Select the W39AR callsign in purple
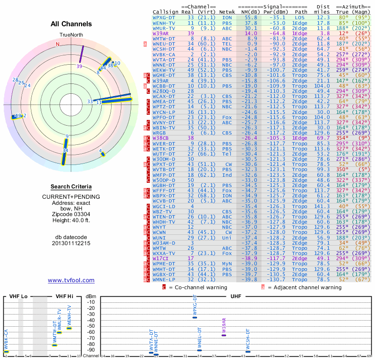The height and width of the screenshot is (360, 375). click(x=161, y=34)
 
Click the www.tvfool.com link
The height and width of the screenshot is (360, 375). click(x=71, y=280)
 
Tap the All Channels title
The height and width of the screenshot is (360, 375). click(x=71, y=24)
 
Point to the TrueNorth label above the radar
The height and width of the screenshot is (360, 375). click(x=71, y=36)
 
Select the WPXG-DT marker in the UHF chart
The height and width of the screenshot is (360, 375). click(x=195, y=317)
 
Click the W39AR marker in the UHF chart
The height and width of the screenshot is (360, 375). click(x=224, y=335)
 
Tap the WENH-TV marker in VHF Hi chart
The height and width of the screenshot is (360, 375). click(x=69, y=328)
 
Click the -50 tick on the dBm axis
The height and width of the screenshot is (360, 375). click(x=91, y=326)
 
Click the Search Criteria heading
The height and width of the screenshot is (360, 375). click(x=71, y=187)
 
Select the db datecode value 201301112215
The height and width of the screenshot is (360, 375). click(x=71, y=243)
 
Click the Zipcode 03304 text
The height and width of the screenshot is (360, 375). click(x=71, y=212)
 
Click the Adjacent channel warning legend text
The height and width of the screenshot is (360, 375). click(x=304, y=287)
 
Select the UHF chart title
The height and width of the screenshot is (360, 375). click(x=236, y=296)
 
